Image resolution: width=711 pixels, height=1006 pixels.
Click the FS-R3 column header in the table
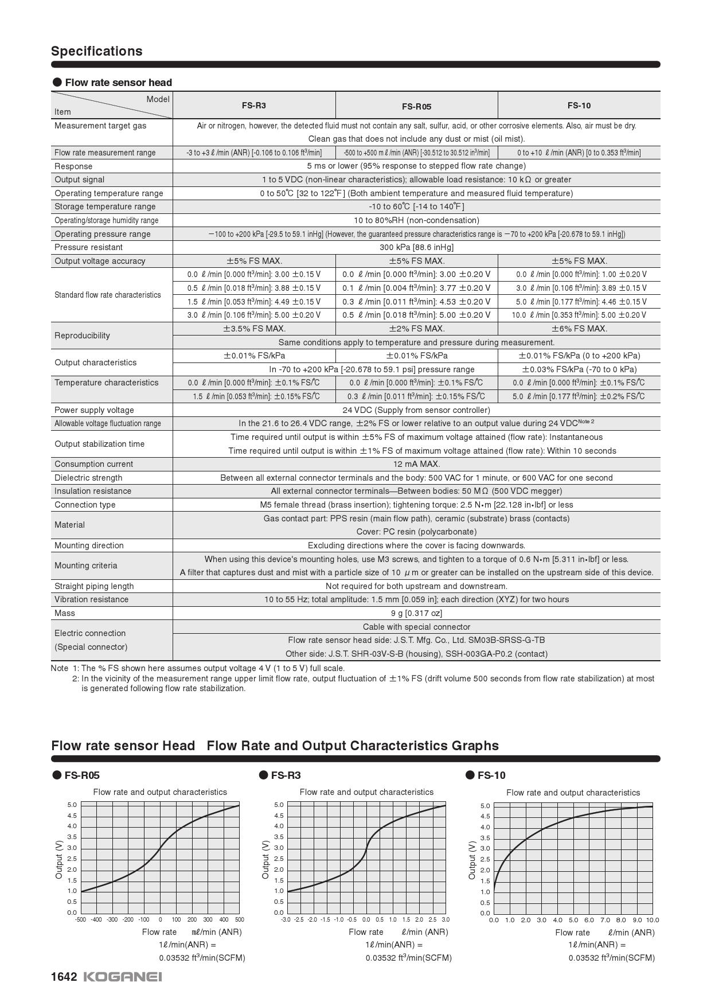coord(253,106)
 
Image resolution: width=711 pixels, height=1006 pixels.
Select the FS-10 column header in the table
coord(579,106)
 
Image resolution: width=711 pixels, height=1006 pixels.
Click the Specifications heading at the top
coord(97,51)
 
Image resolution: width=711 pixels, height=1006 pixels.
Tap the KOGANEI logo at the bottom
coord(123,977)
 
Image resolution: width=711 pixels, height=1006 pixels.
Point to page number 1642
coord(64,977)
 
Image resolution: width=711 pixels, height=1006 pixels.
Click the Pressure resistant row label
coord(88,247)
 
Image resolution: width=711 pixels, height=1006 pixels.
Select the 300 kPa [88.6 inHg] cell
coord(416,247)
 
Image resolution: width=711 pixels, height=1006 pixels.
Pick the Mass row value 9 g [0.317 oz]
coord(416,613)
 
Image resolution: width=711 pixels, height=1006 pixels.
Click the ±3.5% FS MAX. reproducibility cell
coord(254,329)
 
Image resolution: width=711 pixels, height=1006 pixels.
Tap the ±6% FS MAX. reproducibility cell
coord(579,329)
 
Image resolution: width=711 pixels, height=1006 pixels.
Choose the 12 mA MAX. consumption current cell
coord(416,464)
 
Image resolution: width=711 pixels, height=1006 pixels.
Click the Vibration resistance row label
coord(91,599)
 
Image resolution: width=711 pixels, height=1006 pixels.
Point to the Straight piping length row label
coord(94,586)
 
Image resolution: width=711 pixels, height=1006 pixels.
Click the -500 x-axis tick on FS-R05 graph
coord(80,920)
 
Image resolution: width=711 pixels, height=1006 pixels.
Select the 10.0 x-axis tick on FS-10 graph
coord(653,921)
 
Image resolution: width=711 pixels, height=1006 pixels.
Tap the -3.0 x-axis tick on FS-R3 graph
coord(286,920)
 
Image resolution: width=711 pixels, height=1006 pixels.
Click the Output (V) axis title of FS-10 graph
coord(472,860)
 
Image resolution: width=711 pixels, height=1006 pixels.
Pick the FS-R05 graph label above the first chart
coord(82,775)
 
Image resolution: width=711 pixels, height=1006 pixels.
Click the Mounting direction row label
coord(89,545)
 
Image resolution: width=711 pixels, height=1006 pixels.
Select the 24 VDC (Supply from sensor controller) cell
coord(416,410)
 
